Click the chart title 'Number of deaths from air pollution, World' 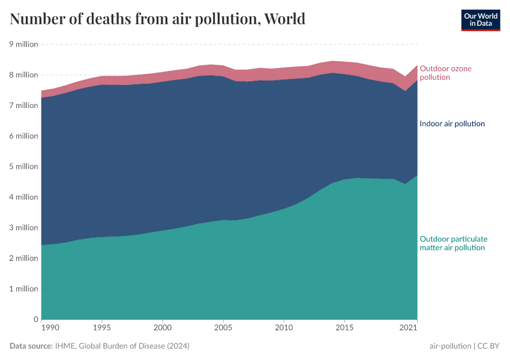(x=157, y=19)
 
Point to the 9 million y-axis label (x=23, y=44)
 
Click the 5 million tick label (x=23, y=167)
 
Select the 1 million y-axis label (x=23, y=289)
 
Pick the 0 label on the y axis (x=36, y=319)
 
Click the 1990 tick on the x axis (x=50, y=328)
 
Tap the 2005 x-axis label (x=223, y=328)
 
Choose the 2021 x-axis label (x=409, y=328)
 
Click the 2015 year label (x=344, y=328)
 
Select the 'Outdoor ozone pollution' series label (x=445, y=73)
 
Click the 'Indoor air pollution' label (x=452, y=124)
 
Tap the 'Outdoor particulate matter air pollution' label (x=453, y=243)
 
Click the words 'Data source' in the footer (x=30, y=346)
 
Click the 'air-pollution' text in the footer (x=450, y=346)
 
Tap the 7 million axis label (x=23, y=106)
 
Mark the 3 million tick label (x=23, y=227)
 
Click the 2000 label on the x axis (x=163, y=328)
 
